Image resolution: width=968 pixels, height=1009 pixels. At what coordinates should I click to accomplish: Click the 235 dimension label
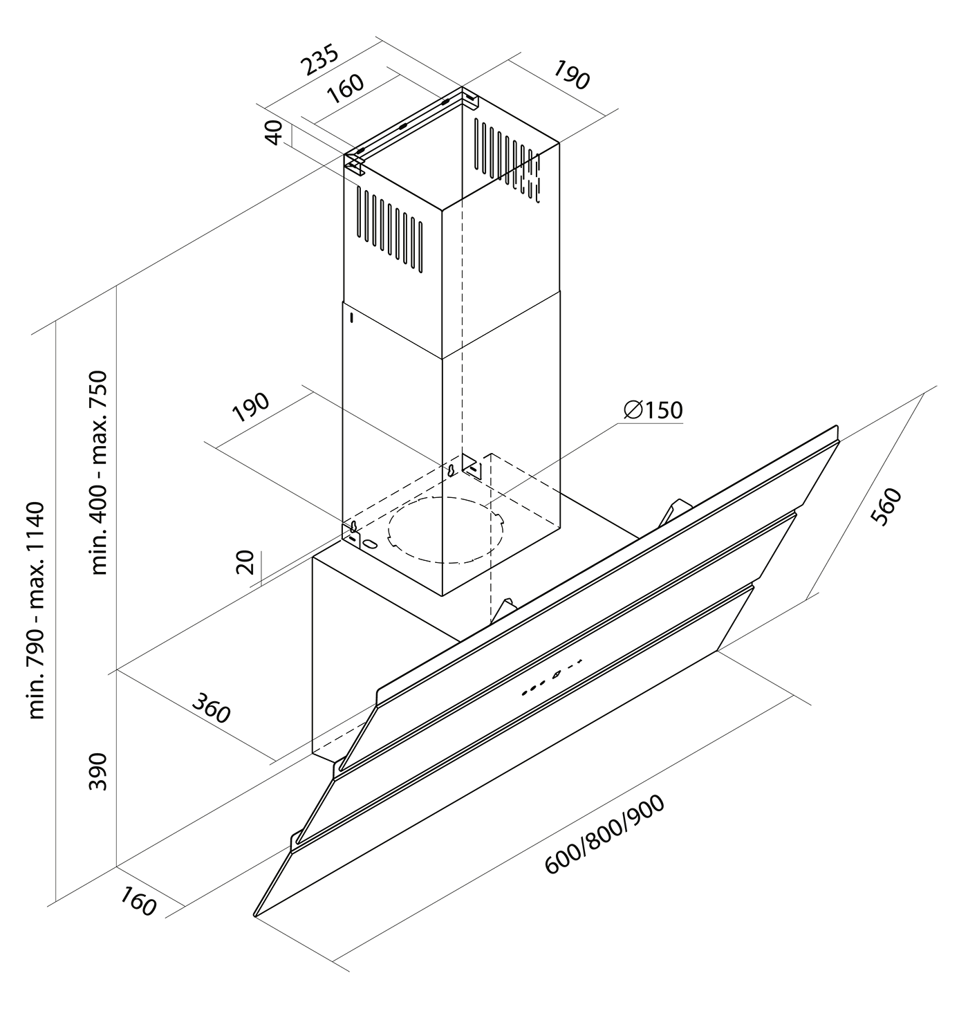(319, 61)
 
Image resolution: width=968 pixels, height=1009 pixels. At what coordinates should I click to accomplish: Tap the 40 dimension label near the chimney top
(274, 132)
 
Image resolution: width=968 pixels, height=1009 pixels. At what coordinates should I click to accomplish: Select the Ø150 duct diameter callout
(653, 410)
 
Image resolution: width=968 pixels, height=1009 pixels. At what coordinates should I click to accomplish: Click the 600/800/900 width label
(605, 835)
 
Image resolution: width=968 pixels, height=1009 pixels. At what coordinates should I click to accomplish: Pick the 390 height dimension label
(98, 771)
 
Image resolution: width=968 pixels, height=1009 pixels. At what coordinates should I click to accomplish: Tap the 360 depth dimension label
(210, 708)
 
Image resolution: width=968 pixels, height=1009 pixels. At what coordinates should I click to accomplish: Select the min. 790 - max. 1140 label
(36, 611)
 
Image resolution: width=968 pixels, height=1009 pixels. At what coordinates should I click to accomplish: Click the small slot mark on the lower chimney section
(351, 318)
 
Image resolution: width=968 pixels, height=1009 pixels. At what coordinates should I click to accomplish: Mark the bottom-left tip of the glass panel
(255, 916)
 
